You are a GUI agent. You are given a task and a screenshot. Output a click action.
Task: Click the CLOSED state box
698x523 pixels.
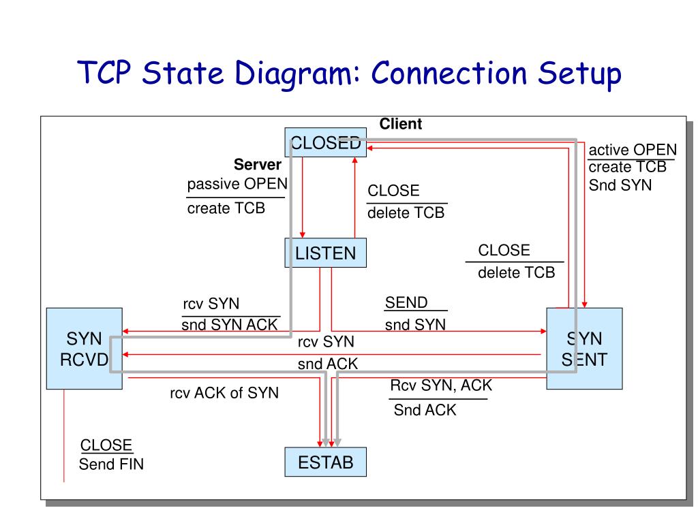click(325, 142)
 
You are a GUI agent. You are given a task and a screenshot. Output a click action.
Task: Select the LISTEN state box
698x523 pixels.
click(325, 253)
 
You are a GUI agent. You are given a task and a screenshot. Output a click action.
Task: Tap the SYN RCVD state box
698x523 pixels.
click(84, 349)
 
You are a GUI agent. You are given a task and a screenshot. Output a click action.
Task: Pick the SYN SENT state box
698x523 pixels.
click(584, 349)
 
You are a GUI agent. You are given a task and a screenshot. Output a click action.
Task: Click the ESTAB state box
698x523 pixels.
click(325, 462)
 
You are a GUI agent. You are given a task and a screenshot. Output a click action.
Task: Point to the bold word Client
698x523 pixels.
click(400, 124)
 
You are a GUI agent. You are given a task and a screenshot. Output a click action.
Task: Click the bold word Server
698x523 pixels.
click(257, 165)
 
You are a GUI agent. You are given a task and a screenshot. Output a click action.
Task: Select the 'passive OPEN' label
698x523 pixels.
click(237, 184)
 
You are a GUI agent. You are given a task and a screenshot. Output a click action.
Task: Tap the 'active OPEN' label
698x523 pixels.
click(632, 150)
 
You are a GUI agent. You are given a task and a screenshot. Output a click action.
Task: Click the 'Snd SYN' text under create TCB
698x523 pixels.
click(620, 185)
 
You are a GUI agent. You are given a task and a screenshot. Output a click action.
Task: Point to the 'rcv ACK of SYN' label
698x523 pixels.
click(224, 393)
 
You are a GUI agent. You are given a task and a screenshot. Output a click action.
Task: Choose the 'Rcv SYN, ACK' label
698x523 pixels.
click(441, 385)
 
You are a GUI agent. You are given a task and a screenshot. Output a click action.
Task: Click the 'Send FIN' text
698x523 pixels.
click(111, 464)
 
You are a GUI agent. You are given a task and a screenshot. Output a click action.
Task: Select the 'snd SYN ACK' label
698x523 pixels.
click(229, 325)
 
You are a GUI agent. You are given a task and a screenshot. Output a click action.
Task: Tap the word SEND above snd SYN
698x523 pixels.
click(406, 302)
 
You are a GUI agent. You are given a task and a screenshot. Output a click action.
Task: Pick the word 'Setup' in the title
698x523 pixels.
click(579, 74)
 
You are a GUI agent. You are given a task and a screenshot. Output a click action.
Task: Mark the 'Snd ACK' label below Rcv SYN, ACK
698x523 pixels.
click(425, 409)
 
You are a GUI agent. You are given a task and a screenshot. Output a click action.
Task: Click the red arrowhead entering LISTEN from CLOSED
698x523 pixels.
click(302, 235)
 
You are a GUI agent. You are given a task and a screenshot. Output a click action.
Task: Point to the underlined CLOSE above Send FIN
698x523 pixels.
click(106, 445)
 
